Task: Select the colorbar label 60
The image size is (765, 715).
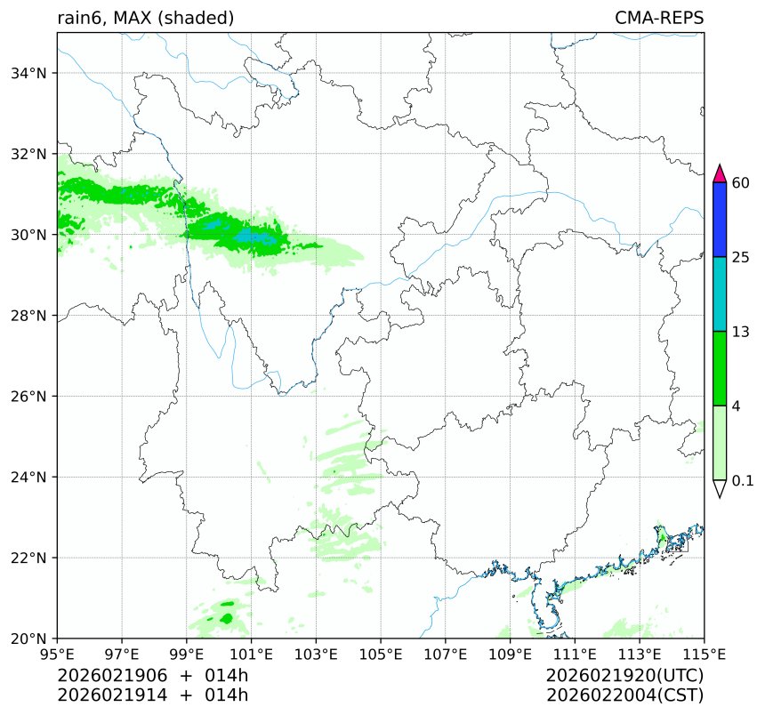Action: [x=740, y=183]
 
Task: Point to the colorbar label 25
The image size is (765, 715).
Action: [x=740, y=258]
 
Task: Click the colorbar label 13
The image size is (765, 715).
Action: [x=740, y=332]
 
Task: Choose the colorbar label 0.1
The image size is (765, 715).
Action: [x=743, y=480]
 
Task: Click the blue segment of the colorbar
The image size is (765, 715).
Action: [x=721, y=220]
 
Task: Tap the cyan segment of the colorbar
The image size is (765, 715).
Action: [x=721, y=294]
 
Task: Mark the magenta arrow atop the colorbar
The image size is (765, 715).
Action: [x=721, y=173]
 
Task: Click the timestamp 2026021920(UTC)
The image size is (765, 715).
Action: [x=624, y=676]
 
